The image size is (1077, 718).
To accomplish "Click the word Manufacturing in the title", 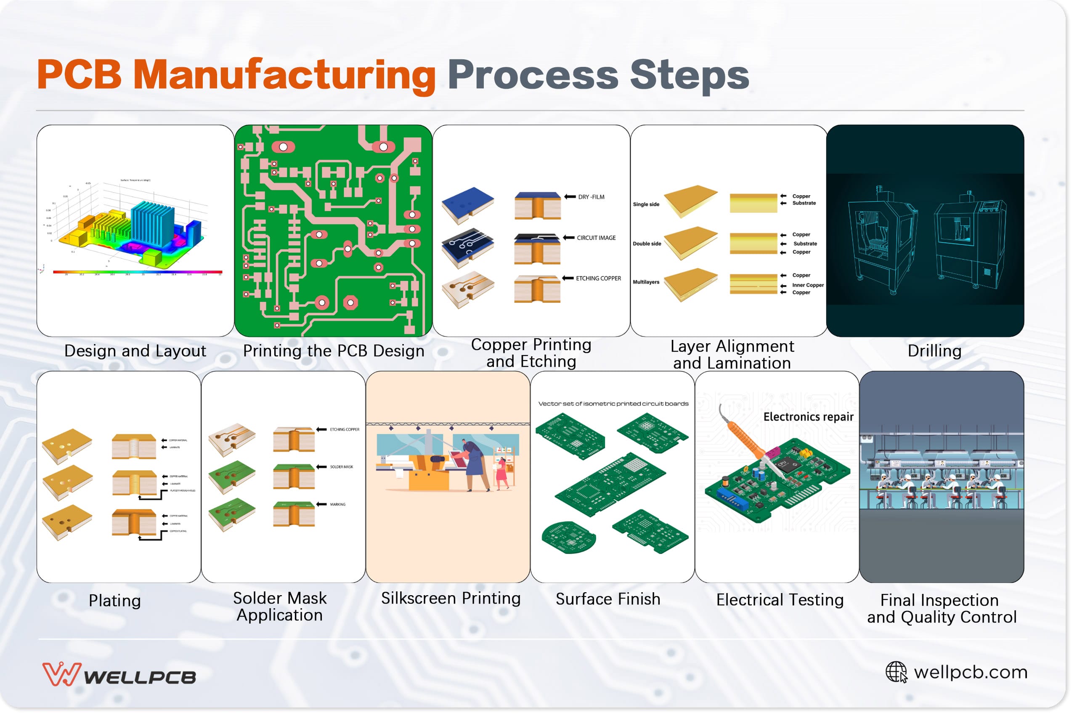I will point(284,74).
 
